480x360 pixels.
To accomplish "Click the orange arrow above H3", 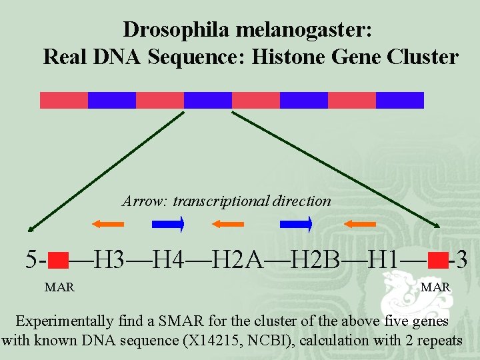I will click(108, 225).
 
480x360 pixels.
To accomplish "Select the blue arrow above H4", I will click(168, 225).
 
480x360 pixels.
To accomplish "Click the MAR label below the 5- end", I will click(59, 287).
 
